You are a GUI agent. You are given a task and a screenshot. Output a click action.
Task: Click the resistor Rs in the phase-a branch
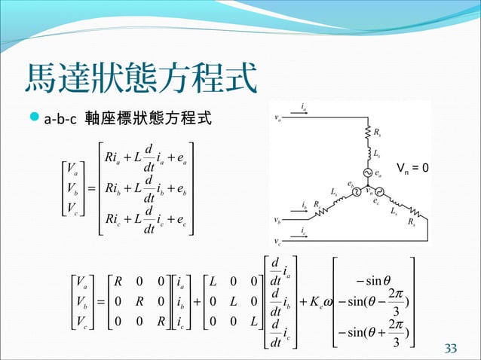[x=368, y=133]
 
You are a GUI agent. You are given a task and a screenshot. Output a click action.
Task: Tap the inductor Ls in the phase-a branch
[x=368, y=154]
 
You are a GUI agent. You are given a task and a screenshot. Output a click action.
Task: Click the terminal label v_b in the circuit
[x=279, y=221]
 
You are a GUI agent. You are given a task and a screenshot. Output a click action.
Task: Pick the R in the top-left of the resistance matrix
[x=118, y=283]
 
